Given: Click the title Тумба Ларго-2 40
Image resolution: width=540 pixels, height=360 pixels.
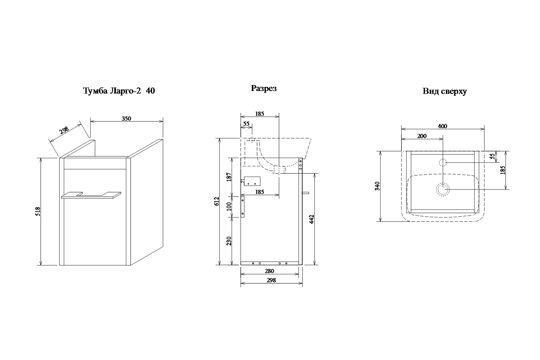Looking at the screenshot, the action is (x=119, y=91).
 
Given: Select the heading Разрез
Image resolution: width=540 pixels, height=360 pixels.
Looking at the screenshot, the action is (x=264, y=88).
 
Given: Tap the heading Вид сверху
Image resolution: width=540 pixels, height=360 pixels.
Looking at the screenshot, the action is (x=445, y=91).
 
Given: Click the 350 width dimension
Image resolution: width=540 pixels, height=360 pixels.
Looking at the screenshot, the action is (x=126, y=118).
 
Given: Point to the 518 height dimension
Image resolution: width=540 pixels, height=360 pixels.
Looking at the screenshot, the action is (x=38, y=211).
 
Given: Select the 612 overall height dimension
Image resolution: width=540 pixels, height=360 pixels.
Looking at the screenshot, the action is (x=217, y=201).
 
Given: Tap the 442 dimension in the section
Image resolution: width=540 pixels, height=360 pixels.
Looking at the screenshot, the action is (x=311, y=219).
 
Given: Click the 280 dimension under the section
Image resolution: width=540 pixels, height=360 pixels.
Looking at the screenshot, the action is (x=269, y=271).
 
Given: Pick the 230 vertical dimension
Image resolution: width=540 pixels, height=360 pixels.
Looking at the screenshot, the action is (x=229, y=241).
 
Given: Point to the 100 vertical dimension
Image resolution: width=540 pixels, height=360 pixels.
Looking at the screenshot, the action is (x=229, y=206).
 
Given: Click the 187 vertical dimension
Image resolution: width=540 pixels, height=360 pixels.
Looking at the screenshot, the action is (x=229, y=177).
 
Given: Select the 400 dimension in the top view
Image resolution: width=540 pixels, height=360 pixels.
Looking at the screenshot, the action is (x=442, y=126).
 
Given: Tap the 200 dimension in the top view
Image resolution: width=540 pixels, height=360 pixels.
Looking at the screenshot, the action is (x=422, y=136).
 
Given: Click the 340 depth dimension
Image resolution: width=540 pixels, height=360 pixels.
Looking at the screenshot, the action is (x=378, y=186).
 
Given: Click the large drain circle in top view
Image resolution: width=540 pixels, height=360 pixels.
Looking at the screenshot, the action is (x=443, y=189).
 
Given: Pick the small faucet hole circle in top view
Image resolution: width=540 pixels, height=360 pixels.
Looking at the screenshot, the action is (x=443, y=162).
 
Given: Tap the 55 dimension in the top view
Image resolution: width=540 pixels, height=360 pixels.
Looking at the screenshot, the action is (x=493, y=157).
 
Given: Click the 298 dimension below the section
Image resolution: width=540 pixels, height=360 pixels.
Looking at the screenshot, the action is (x=271, y=280).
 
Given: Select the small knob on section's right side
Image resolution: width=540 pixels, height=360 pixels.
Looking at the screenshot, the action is (x=306, y=193).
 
